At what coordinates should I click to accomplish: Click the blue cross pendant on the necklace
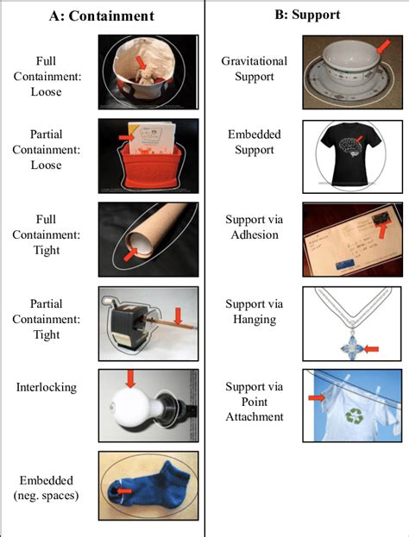350,348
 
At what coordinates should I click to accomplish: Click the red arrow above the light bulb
131,378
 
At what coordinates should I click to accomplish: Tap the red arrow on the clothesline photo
316,397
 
